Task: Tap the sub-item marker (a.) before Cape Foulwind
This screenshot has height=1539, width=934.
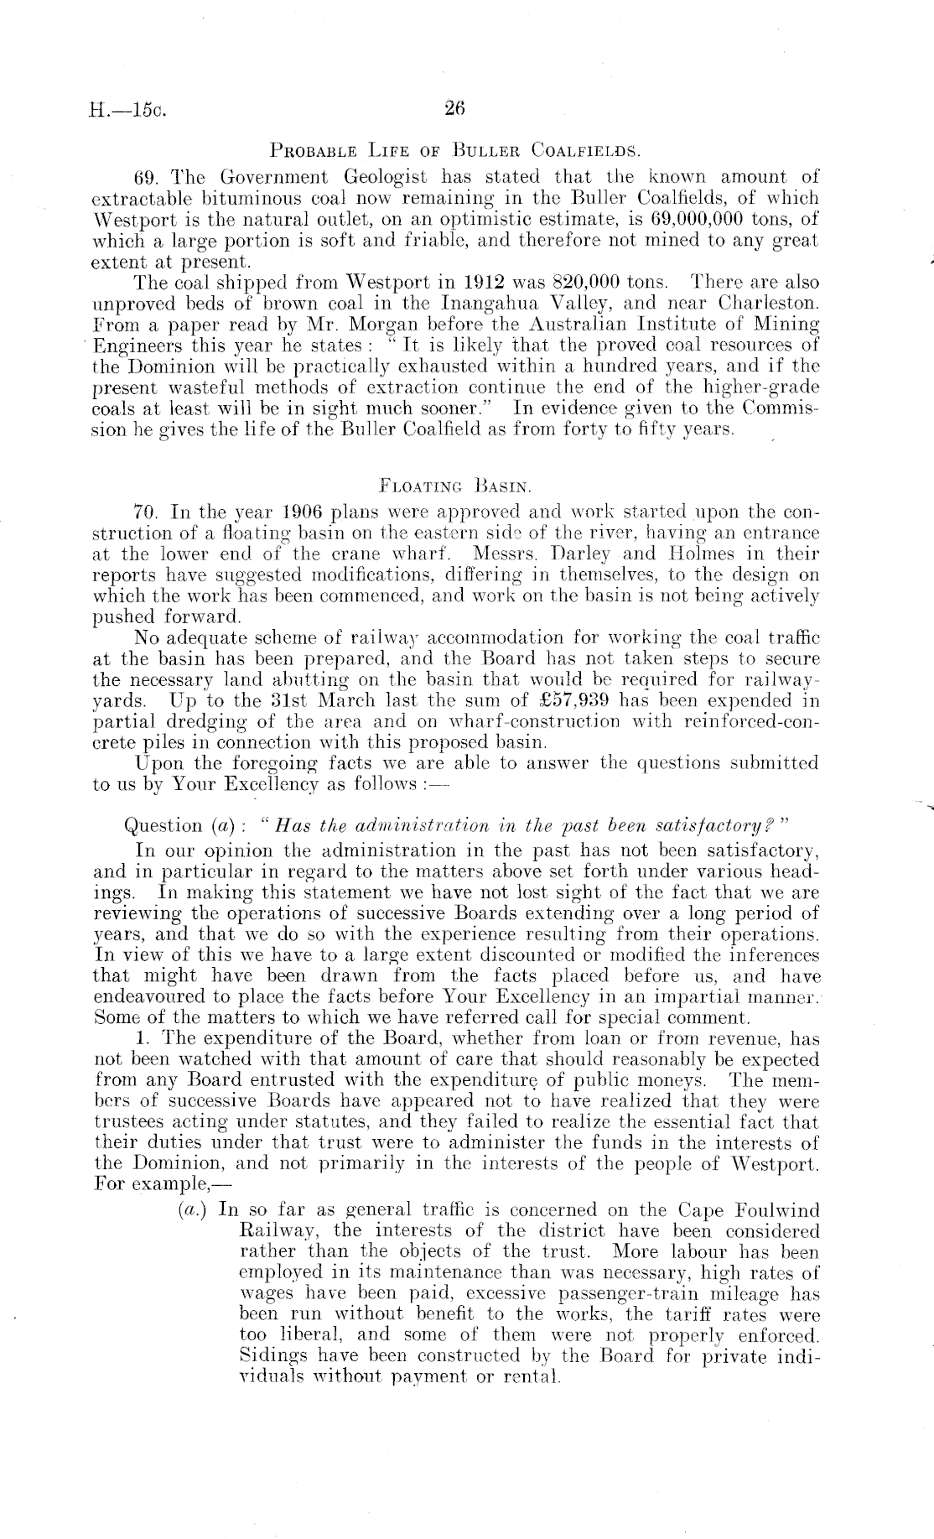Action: (x=193, y=1211)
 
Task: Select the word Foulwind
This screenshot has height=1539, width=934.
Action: (x=776, y=1211)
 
